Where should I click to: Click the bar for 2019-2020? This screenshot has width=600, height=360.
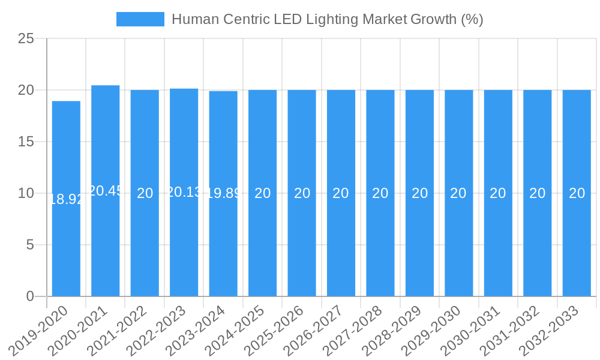pyautogui.click(x=66, y=240)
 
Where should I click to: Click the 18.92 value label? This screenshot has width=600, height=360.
pyautogui.click(x=66, y=199)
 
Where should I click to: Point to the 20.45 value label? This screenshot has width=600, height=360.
pyautogui.click(x=106, y=191)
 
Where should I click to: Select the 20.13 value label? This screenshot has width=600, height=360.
pyautogui.click(x=184, y=192)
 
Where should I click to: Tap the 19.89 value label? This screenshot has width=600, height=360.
pyautogui.click(x=223, y=193)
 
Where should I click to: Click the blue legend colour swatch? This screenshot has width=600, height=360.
pyautogui.click(x=140, y=19)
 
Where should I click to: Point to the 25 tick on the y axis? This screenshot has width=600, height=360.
pyautogui.click(x=26, y=39)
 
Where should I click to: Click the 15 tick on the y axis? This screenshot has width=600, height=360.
pyautogui.click(x=26, y=142)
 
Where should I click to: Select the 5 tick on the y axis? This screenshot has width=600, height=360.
pyautogui.click(x=30, y=245)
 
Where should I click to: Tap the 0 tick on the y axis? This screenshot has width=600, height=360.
pyautogui.click(x=30, y=296)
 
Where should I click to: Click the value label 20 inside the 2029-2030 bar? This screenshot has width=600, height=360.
pyautogui.click(x=458, y=193)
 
